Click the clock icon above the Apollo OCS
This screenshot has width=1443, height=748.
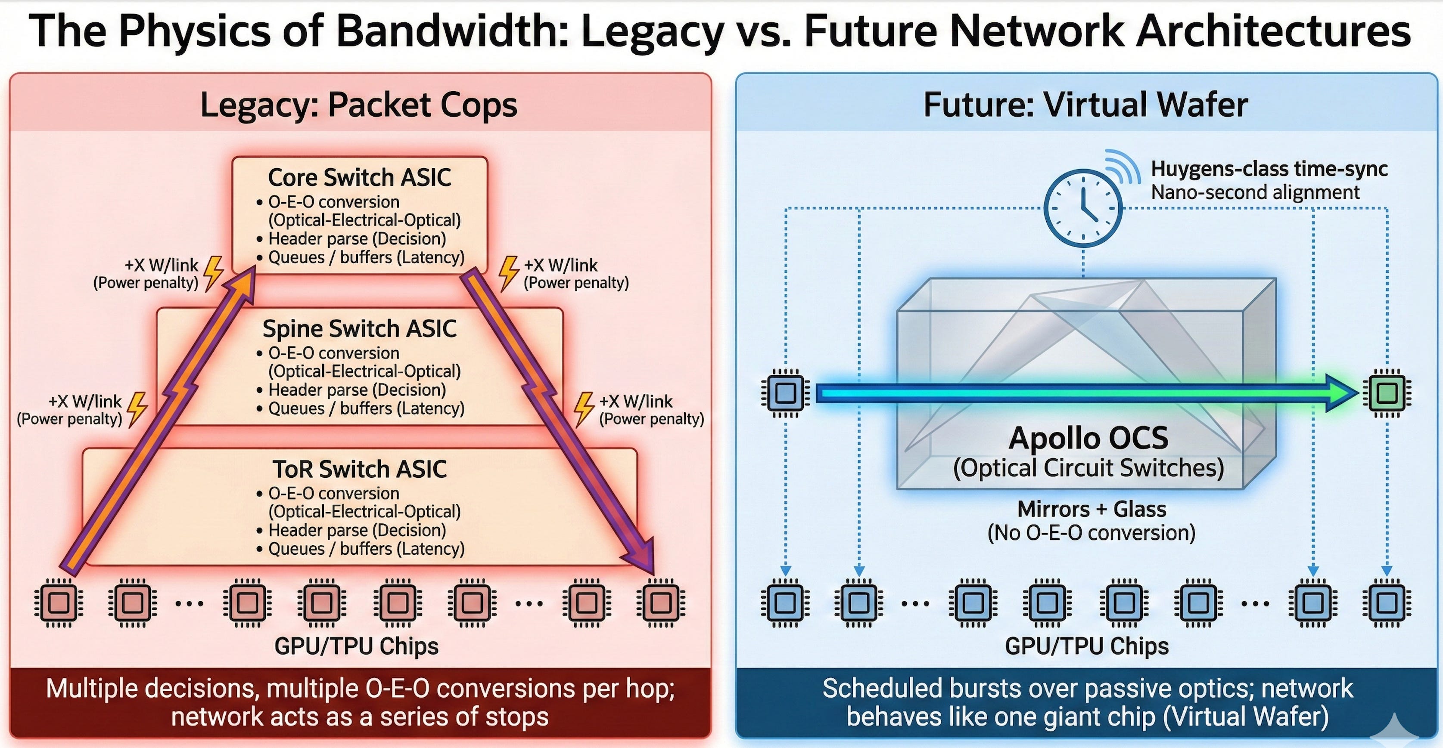1083,208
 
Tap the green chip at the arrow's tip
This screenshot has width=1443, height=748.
1387,393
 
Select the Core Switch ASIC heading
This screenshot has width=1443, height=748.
360,177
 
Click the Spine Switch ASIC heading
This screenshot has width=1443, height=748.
360,329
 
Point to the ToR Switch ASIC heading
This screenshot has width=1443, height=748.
360,469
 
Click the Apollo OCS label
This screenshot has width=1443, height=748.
1088,438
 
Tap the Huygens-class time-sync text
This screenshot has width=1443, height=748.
1269,169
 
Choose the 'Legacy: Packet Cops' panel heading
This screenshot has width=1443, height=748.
358,105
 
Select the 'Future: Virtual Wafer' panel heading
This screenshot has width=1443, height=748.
1085,105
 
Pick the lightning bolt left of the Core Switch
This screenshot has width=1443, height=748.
213,273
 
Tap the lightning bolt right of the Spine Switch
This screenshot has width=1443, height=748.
584,409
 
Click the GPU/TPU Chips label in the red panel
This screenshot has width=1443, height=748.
356,646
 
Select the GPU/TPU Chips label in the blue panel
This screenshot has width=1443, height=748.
1087,646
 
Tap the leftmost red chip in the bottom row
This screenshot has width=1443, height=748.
59,603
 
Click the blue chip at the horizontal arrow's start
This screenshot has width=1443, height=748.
785,393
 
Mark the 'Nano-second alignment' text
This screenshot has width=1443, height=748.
1255,192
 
